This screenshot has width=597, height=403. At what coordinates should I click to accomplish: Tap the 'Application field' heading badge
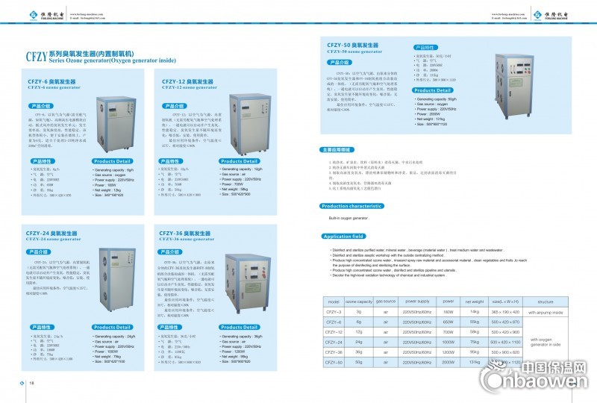click(343, 237)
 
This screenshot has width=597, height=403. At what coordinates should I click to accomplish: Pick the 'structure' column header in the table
click(545, 301)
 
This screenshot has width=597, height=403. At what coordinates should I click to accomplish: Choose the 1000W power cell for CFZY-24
click(448, 341)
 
